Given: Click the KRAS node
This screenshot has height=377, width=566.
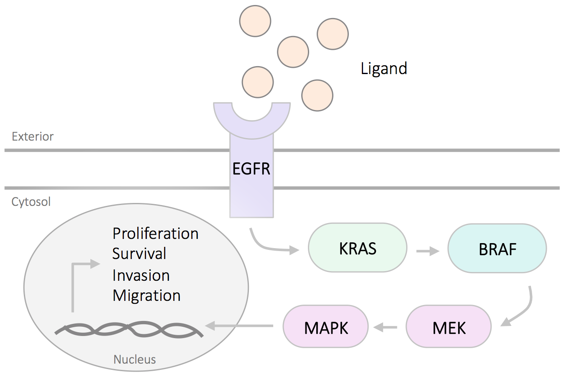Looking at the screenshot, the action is click(358, 248).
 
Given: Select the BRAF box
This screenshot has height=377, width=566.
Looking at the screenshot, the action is click(497, 249).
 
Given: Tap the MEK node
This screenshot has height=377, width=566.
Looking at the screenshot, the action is click(449, 326).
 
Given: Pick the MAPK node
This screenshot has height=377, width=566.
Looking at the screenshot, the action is click(326, 326).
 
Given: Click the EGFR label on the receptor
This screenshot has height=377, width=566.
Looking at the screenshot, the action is click(251, 169).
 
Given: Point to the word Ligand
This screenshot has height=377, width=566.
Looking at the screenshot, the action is click(384, 69).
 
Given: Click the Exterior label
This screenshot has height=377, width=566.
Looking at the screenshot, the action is click(33, 136).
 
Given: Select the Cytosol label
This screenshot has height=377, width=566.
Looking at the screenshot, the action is click(31, 202).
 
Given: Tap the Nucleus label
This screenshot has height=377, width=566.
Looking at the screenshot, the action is click(135, 359).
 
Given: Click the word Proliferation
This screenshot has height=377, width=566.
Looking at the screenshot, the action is click(155, 233).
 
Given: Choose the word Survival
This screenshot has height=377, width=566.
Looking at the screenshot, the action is click(139, 254).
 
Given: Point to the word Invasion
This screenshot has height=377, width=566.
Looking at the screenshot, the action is click(141, 275).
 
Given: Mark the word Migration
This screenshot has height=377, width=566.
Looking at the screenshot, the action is click(146, 296).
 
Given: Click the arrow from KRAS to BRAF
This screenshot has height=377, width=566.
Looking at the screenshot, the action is click(428, 251).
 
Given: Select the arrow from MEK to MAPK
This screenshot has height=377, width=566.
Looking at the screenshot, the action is click(385, 328).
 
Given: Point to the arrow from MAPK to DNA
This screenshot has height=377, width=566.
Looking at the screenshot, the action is click(239, 326).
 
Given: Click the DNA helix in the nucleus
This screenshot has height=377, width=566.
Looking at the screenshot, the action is click(129, 329).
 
